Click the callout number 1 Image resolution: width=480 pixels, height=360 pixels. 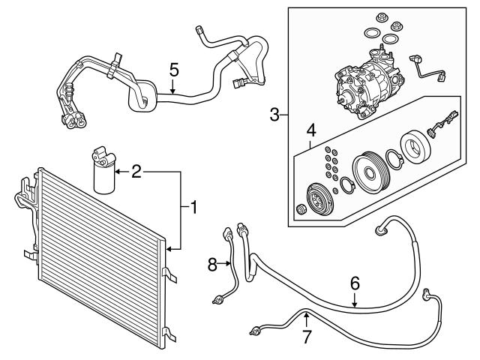pos(193,208)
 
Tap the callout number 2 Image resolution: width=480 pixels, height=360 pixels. pos(136,172)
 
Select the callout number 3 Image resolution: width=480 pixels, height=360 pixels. pos(274,115)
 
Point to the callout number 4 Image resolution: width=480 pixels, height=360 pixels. pos(310,130)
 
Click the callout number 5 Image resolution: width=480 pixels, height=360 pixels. pos(174,70)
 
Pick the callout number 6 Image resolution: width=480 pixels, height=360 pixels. pos(355,283)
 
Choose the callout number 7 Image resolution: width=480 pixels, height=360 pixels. pos(306,337)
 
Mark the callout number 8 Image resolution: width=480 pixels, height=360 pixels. pos(213,264)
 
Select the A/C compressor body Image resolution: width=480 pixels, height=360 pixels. pos(367,84)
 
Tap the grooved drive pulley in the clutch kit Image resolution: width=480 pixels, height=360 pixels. pos(370,172)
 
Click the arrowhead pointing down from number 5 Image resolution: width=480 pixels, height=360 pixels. pos(173,91)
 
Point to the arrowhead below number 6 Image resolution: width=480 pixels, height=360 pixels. pos(355,304)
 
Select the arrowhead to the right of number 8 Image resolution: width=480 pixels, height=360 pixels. pos(228,263)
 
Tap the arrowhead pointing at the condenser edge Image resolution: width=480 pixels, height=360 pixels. pos(168,250)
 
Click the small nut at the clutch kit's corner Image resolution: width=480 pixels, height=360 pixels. pos(301,209)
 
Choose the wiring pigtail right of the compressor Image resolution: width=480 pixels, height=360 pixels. pos(427,69)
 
